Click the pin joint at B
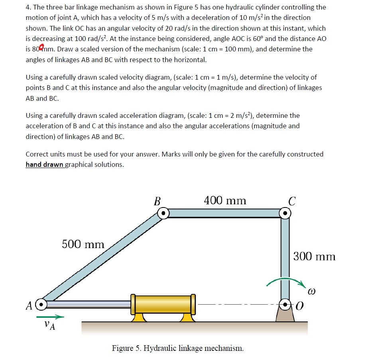163,213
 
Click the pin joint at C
285,213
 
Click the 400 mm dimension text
225,200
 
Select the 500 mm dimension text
83,244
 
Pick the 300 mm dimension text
315,256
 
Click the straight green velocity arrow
50,317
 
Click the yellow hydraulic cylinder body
163,304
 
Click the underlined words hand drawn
44,164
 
